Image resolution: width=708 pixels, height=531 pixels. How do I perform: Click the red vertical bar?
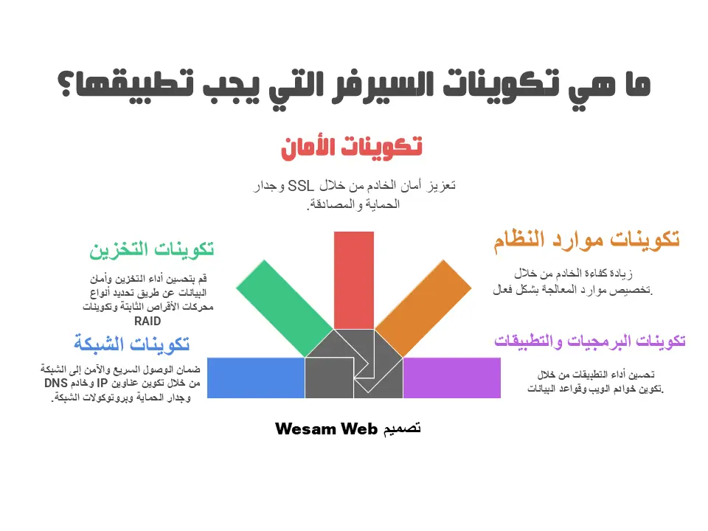coord(353,280)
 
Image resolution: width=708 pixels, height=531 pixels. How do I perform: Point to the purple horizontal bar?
coord(451,378)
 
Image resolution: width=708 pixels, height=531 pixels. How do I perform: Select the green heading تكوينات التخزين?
coord(152,250)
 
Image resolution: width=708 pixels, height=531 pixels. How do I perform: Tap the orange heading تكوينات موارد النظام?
coord(586,240)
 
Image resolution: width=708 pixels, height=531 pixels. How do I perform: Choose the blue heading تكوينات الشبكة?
coord(131,344)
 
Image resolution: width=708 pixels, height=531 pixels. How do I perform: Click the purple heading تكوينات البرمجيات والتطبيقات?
coord(589,341)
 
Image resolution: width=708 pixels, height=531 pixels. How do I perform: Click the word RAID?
coord(147,322)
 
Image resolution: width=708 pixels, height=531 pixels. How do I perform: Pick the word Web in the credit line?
coord(358,428)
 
